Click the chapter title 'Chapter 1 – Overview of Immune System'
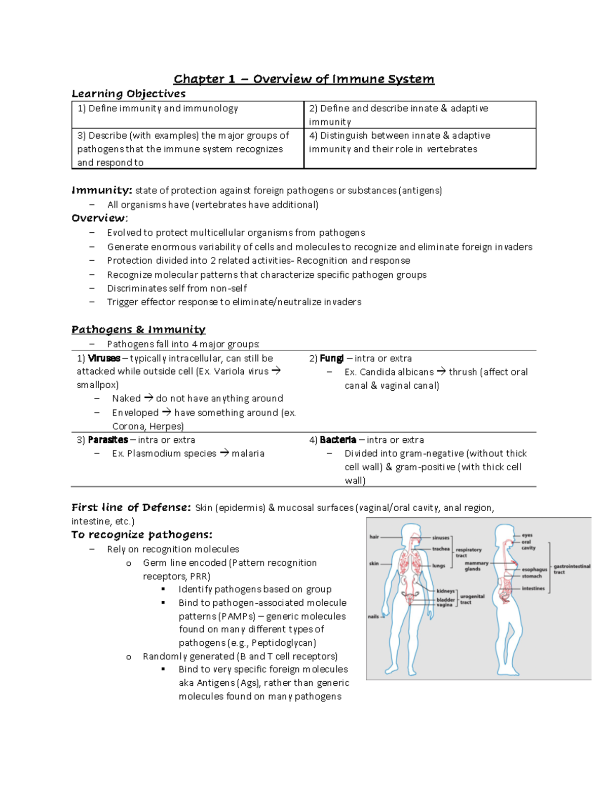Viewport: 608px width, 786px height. click(x=303, y=79)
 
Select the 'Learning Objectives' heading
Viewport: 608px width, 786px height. click(x=128, y=94)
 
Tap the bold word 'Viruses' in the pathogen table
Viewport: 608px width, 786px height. click(x=104, y=358)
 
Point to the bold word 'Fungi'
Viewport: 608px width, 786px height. click(x=332, y=358)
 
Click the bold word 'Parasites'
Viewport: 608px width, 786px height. click(x=108, y=440)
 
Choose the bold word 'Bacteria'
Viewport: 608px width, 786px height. click(x=338, y=440)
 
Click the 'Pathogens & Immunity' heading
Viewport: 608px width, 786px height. click(x=138, y=329)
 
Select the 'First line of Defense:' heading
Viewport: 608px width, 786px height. click(x=131, y=507)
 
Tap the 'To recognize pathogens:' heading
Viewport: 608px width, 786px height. click(x=141, y=534)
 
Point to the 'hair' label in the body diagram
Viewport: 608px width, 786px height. click(x=374, y=536)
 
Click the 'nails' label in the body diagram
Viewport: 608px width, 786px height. click(x=373, y=616)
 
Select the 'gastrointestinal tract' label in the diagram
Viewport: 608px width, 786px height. click(x=572, y=569)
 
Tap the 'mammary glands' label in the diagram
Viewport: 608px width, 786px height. click(x=476, y=566)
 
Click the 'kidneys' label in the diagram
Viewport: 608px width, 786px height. click(x=445, y=591)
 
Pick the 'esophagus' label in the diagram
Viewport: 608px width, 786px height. click(x=535, y=569)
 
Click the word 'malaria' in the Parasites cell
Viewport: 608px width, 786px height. click(x=248, y=453)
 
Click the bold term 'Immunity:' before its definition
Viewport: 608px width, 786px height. click(x=102, y=190)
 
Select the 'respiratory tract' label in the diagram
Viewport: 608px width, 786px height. click(x=468, y=552)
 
